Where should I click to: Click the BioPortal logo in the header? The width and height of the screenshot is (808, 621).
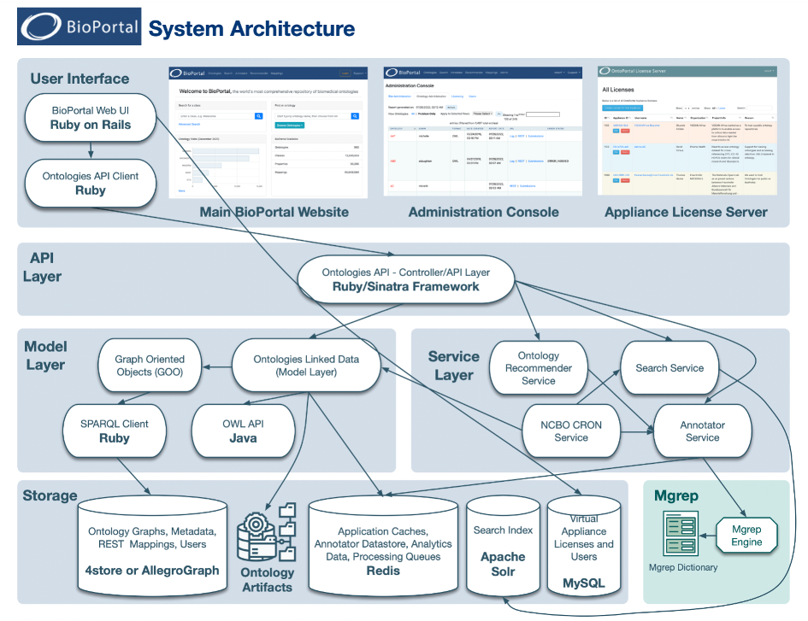coord(79,27)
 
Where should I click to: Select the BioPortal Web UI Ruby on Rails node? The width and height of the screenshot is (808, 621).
coord(90,118)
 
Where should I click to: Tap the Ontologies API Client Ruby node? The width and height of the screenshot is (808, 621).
coord(90,183)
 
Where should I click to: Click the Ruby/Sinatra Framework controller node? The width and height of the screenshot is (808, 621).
coord(405,279)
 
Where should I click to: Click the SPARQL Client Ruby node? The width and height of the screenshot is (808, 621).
coord(115,431)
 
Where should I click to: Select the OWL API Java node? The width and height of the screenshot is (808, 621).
coord(243,431)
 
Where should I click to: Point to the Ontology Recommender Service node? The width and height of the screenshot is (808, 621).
coord(538,367)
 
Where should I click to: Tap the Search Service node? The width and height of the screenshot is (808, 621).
coord(669,368)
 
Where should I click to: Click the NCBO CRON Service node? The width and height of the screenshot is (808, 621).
coord(570,431)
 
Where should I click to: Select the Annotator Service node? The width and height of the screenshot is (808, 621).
coord(702,431)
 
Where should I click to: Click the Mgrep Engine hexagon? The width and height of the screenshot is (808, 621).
coord(746,536)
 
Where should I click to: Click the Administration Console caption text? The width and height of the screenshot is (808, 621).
coord(483,212)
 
